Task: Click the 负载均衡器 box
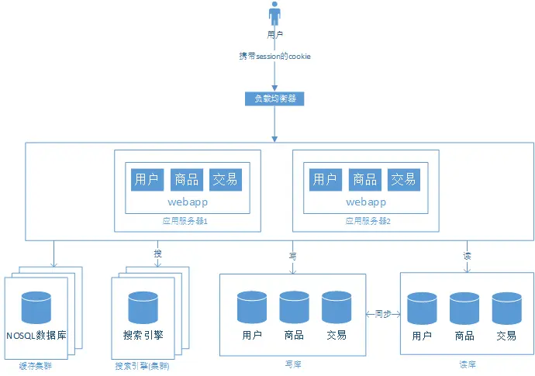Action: click(274, 98)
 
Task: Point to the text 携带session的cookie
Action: click(274, 57)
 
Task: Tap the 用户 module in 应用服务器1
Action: click(147, 180)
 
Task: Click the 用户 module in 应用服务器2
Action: click(325, 180)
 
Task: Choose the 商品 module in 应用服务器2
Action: click(364, 180)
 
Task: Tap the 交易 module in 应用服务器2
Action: click(404, 180)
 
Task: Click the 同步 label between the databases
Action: click(382, 314)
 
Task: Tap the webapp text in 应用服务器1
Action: click(188, 202)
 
